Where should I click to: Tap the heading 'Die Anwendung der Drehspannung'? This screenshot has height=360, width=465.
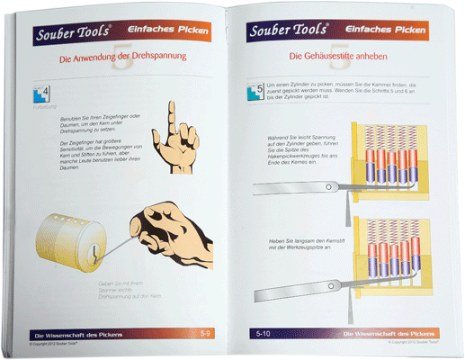(x=122, y=58)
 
